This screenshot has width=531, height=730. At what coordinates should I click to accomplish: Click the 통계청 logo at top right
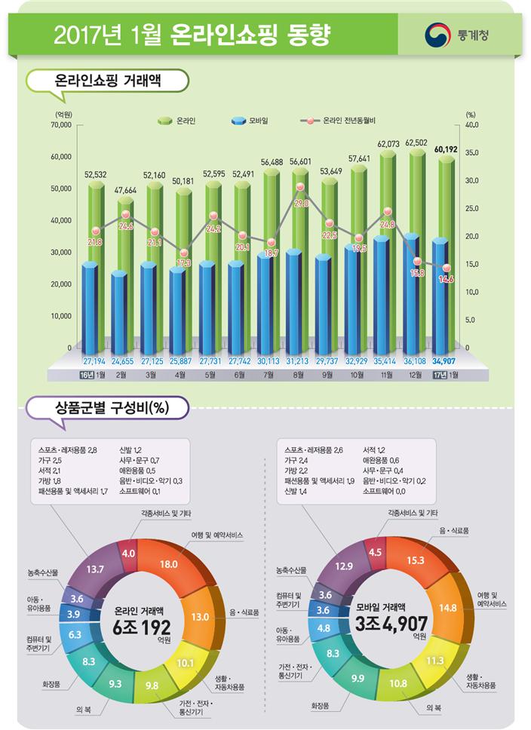(458, 34)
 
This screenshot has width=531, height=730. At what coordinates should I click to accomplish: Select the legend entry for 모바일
(252, 121)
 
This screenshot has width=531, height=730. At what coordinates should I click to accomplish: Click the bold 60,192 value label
(447, 149)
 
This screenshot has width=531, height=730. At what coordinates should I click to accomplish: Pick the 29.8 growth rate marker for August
(300, 202)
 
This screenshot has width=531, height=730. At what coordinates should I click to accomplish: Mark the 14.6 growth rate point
(446, 278)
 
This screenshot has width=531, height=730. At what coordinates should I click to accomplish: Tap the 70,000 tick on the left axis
(61, 124)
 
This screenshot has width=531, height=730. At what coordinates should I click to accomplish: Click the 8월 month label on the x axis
(299, 374)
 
